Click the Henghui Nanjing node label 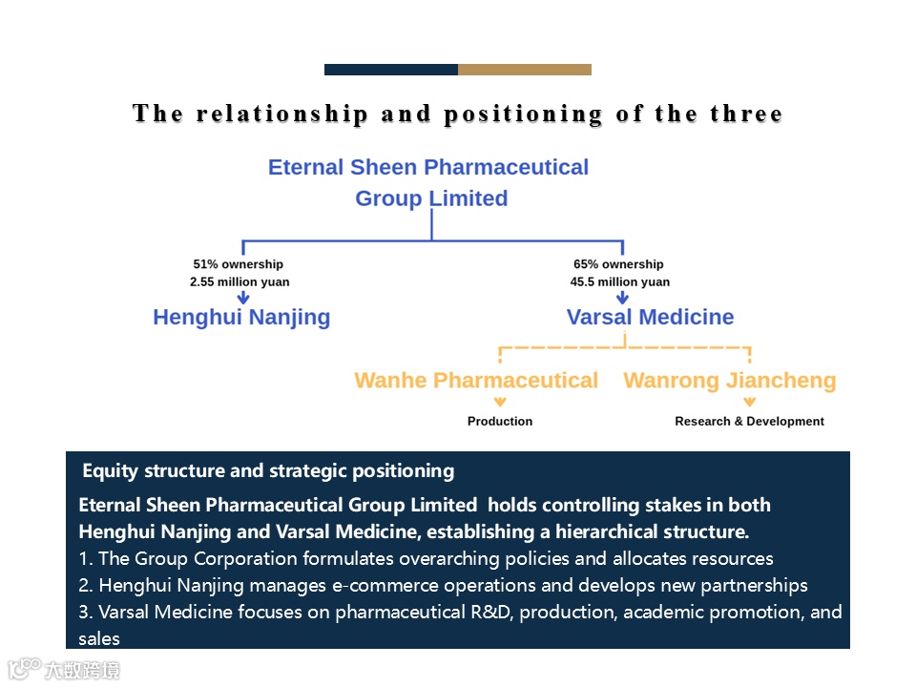click(x=241, y=318)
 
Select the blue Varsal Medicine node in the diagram click(x=650, y=318)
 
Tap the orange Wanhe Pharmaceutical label click(x=476, y=381)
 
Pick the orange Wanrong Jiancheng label click(x=729, y=381)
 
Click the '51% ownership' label click(x=238, y=264)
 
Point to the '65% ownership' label click(x=618, y=264)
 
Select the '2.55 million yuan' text click(x=239, y=282)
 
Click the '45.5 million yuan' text click(x=620, y=282)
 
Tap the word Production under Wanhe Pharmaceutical click(x=500, y=421)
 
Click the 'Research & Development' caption click(x=749, y=421)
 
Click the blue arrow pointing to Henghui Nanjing click(x=243, y=297)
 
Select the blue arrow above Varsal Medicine click(x=622, y=297)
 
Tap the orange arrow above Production click(x=501, y=402)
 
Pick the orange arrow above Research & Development click(x=750, y=402)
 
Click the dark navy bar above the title click(x=391, y=70)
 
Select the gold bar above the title click(x=525, y=70)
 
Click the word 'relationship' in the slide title click(x=281, y=114)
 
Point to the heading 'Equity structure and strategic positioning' click(x=268, y=470)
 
